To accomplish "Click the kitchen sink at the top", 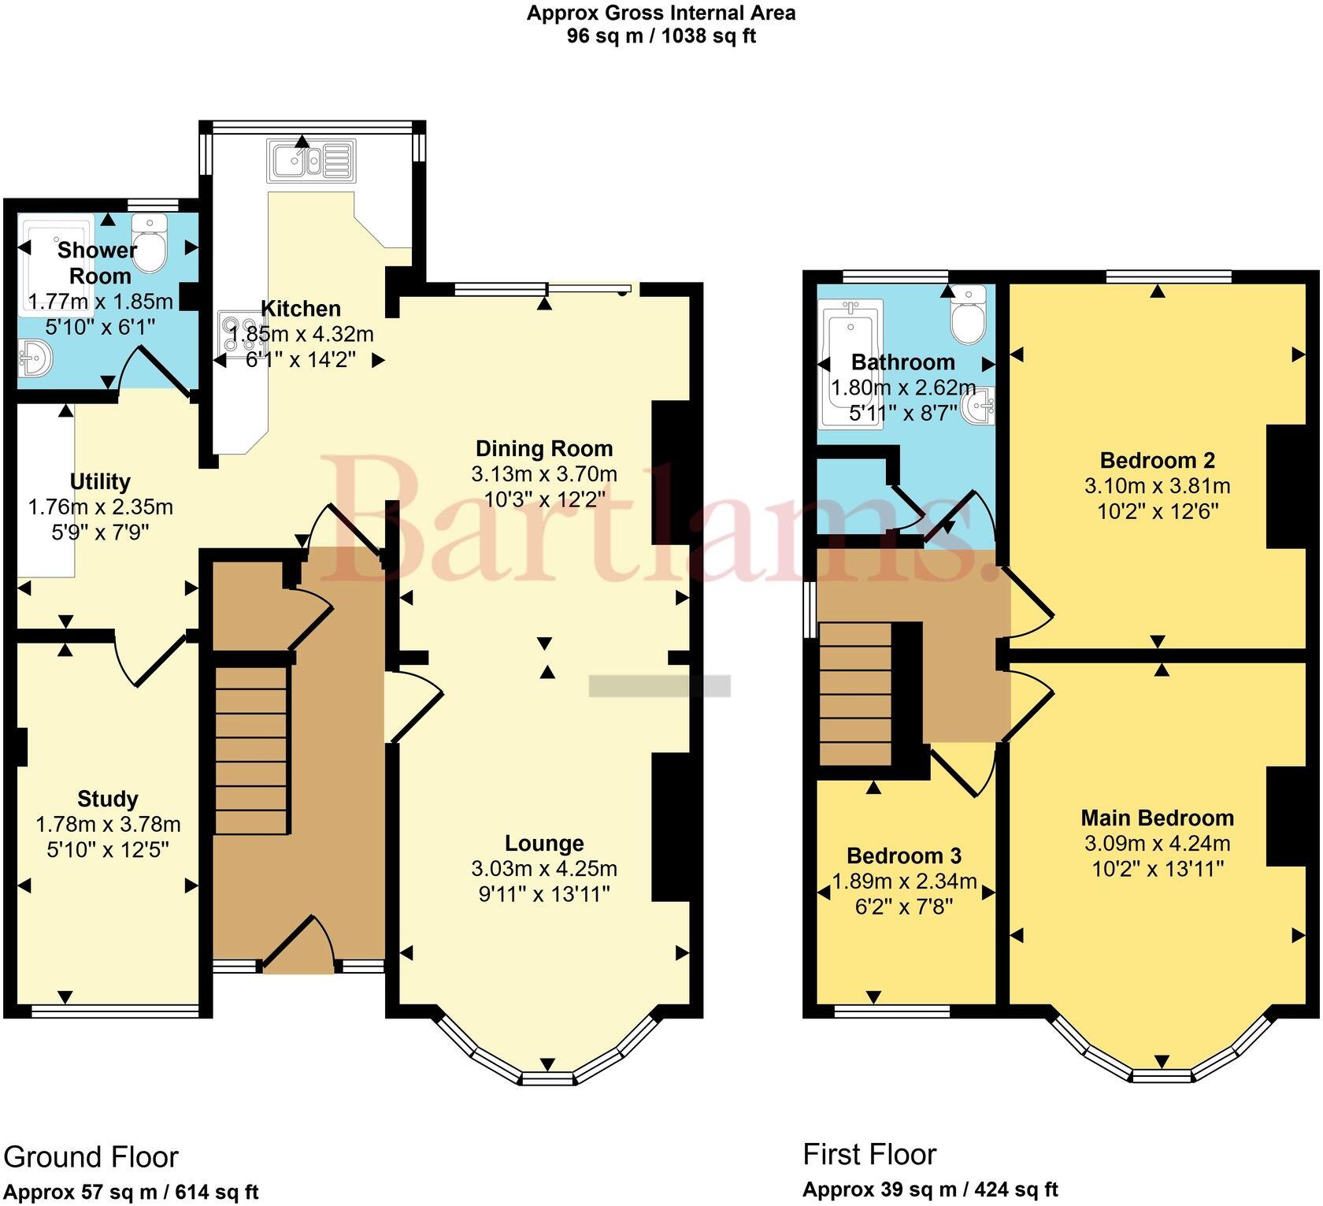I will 312,161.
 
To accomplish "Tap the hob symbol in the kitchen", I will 243,332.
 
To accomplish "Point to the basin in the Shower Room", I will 34,358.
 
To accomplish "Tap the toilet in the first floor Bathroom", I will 967,314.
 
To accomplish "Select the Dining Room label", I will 543,449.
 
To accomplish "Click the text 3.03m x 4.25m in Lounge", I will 543,869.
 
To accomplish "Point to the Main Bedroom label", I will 1156,818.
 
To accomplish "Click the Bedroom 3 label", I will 904,855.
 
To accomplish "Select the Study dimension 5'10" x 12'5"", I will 108,850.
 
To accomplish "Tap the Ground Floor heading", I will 91,1156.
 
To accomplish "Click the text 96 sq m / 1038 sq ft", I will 661,36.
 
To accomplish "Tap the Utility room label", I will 100,481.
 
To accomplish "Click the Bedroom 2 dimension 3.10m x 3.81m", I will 1157,486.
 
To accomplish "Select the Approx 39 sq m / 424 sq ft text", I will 930,1189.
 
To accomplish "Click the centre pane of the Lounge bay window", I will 547,1078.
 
